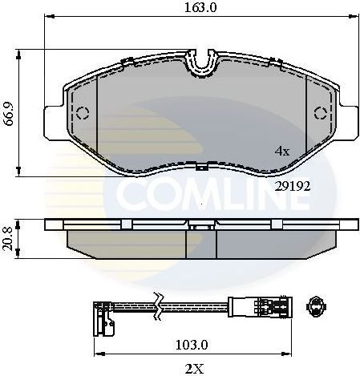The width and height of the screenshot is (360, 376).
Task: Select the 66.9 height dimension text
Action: pyautogui.click(x=9, y=111)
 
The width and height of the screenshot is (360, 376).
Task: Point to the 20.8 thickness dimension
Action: pyautogui.click(x=9, y=237)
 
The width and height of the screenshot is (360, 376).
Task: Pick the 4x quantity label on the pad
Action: pyautogui.click(x=281, y=150)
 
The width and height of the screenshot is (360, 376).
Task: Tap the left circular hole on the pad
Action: pyautogui.click(x=79, y=111)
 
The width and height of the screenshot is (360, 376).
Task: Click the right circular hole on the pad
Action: pyautogui.click(x=318, y=111)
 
